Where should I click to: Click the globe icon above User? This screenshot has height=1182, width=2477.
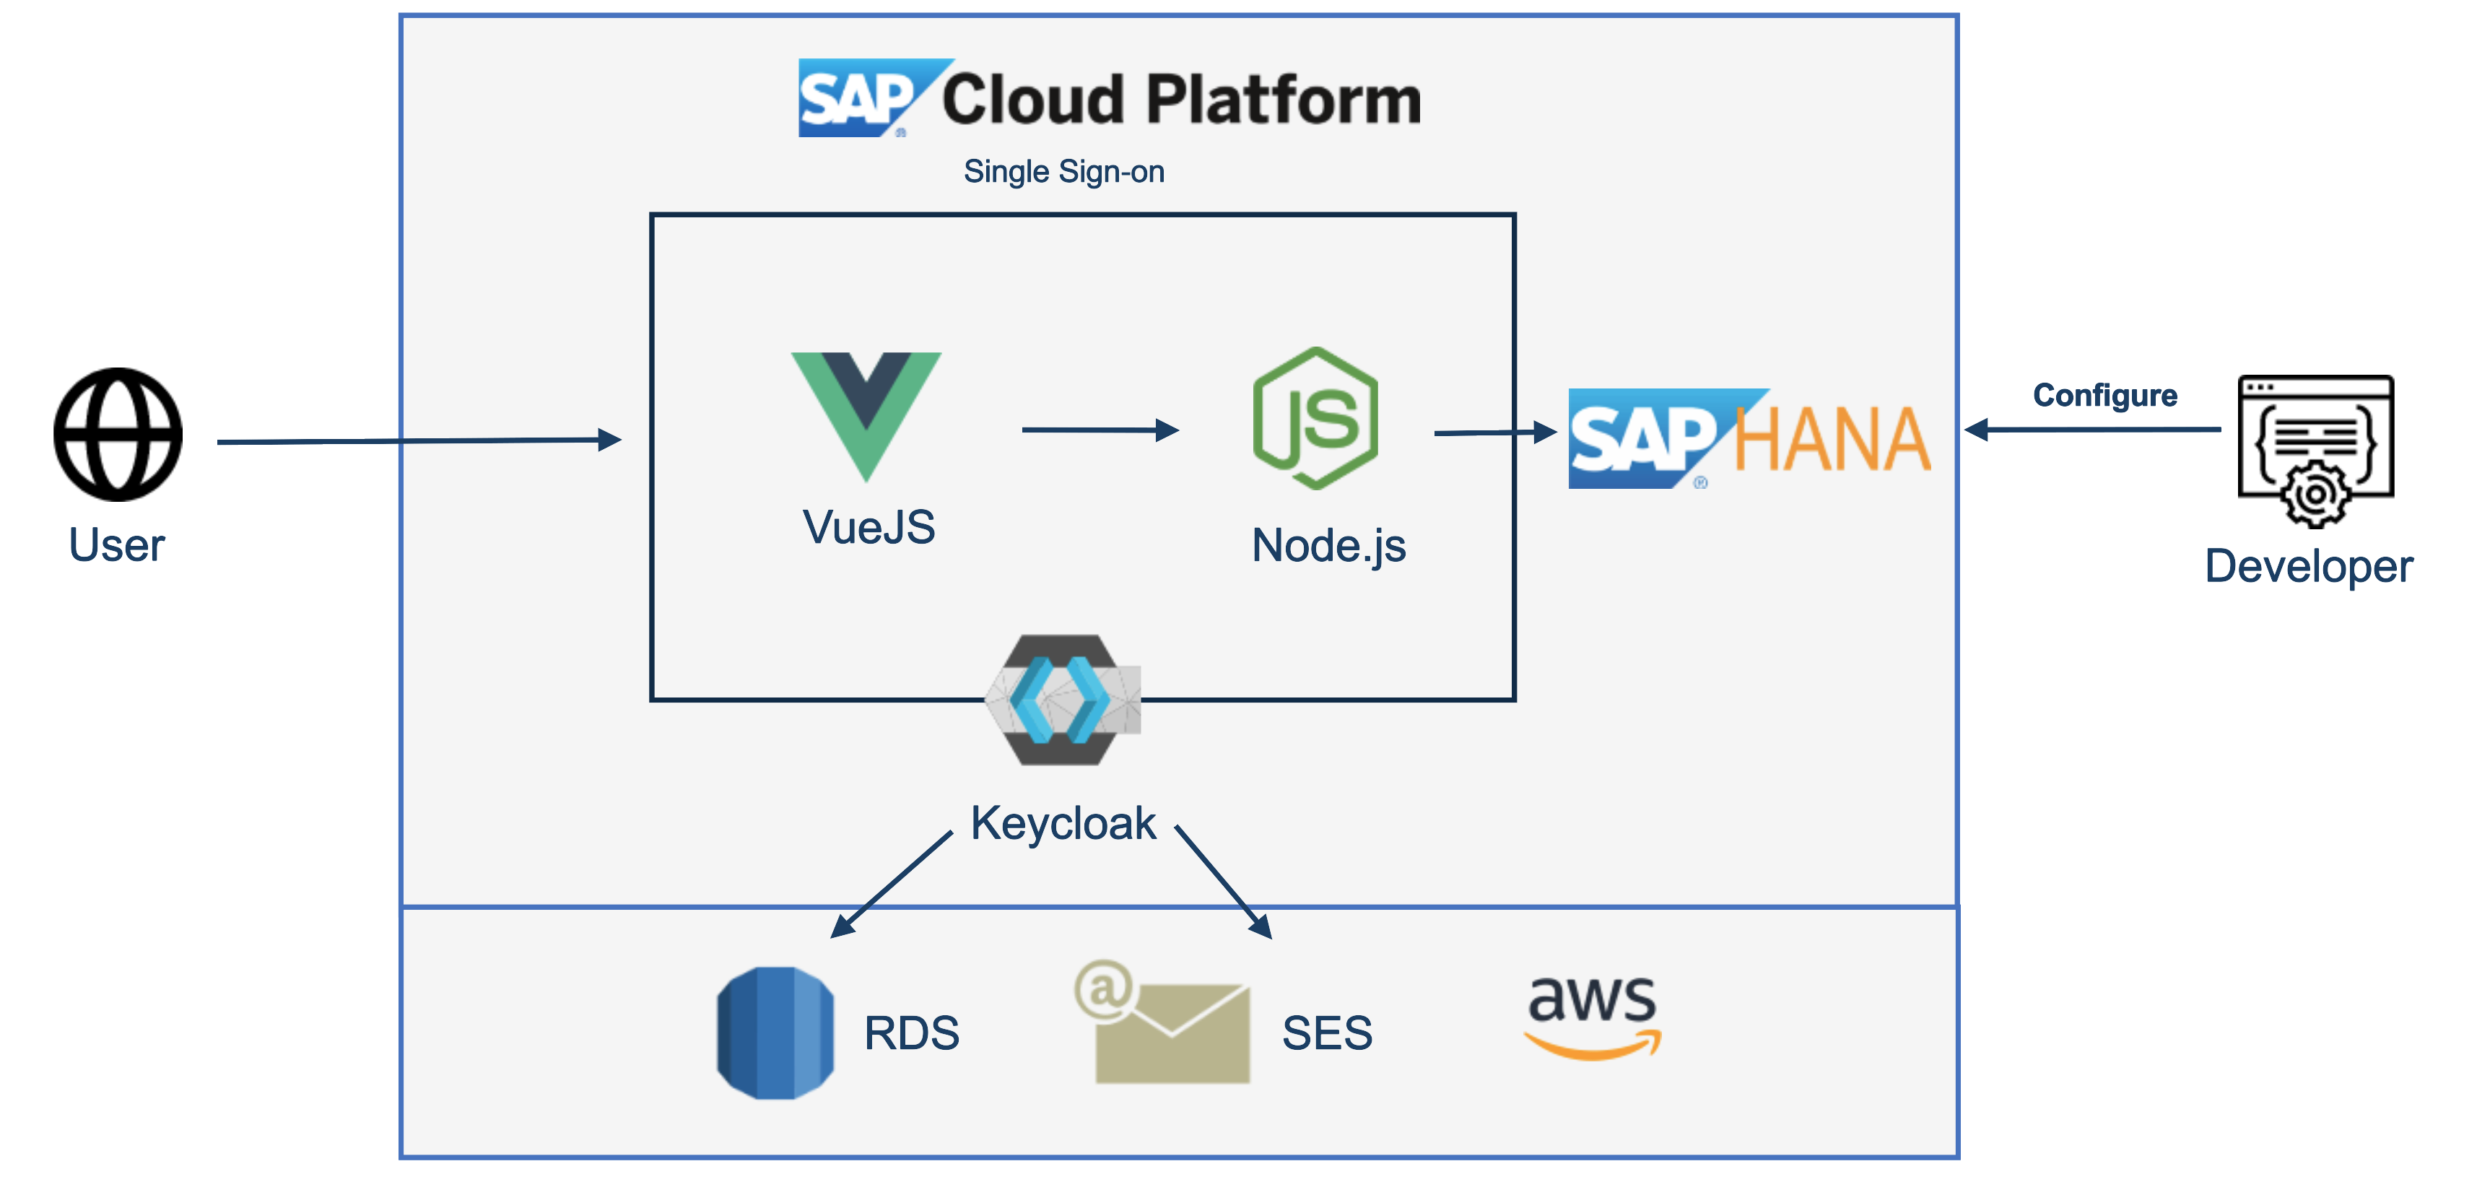click(117, 434)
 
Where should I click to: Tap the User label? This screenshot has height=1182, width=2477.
click(117, 545)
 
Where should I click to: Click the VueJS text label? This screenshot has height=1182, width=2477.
click(869, 527)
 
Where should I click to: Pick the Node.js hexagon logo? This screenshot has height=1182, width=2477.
click(1315, 418)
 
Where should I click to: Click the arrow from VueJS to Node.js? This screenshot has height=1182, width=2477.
click(1100, 430)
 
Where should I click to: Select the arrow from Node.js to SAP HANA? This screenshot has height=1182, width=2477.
click(1495, 433)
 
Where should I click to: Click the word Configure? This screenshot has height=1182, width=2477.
click(2105, 395)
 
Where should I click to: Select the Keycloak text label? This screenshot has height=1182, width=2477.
click(1063, 823)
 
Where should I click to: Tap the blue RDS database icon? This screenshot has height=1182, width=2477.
click(775, 1033)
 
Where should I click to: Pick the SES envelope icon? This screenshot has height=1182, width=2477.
click(1162, 1022)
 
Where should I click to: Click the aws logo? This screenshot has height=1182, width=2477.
click(1593, 1017)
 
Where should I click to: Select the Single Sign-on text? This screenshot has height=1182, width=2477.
click(1063, 171)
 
